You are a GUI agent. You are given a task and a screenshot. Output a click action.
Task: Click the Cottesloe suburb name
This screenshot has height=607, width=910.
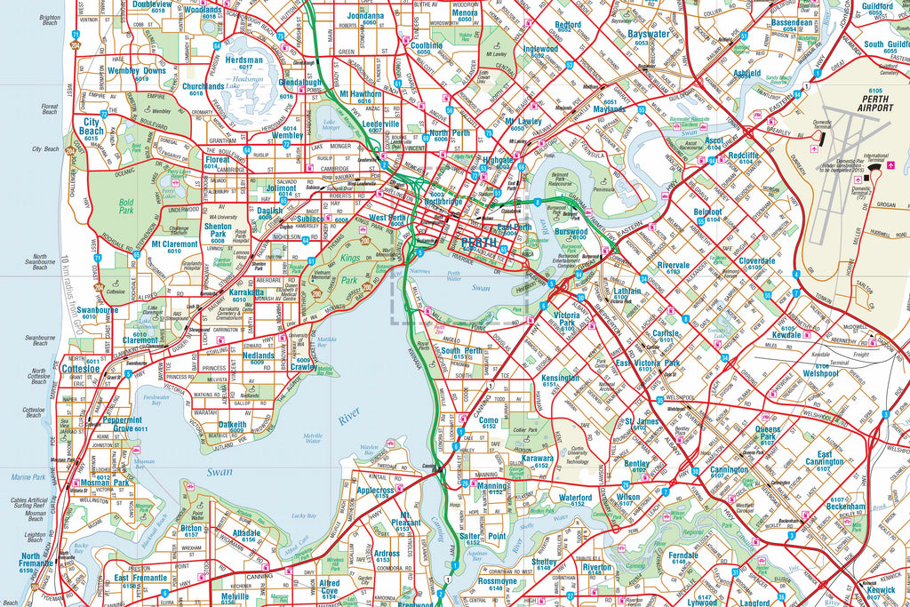pos(81,368)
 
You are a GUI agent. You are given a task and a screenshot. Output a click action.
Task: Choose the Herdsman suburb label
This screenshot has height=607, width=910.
pos(243,60)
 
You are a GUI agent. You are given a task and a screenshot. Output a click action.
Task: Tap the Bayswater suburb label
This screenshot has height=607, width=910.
pos(648,34)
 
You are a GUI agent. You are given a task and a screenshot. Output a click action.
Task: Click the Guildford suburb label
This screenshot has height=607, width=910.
pos(876,6)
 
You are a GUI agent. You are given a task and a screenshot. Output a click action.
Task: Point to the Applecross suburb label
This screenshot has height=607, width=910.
pos(374,490)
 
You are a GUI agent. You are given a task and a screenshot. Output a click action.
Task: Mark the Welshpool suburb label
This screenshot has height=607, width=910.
pos(821,373)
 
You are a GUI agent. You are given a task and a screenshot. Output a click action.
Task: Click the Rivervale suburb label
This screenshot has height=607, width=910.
pos(674,265)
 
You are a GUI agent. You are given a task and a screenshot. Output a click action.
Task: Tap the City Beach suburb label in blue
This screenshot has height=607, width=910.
pos(92,126)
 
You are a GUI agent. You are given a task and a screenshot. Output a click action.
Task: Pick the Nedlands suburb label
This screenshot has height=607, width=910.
pos(259,355)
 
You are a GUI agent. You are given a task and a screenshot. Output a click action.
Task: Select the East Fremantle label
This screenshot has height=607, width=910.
pos(140,579)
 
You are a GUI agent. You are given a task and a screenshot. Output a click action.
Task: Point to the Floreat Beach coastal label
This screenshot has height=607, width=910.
pos(50,110)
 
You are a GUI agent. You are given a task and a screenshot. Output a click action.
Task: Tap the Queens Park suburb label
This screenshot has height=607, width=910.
pos(768,434)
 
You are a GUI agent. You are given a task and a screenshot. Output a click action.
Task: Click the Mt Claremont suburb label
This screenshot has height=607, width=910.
pos(174,244)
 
